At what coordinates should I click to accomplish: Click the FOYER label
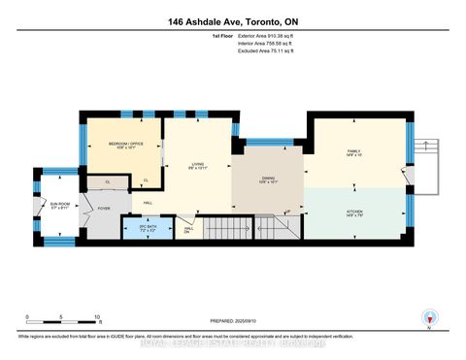coord(104,207)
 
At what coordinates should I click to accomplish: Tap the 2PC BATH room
coord(135,229)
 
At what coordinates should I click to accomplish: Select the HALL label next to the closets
coord(148,202)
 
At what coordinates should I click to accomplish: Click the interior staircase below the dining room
coord(282,229)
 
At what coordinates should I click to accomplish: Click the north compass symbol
coord(426,317)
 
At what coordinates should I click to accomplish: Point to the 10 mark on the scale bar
coord(97,317)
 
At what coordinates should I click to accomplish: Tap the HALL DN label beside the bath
coord(187,229)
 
